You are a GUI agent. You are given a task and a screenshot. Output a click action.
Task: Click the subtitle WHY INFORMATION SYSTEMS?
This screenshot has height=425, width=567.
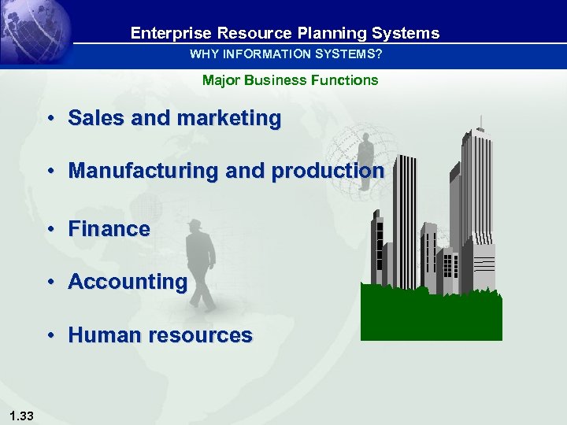(x=286, y=54)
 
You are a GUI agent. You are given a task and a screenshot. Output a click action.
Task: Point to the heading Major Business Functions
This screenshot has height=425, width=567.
(x=290, y=79)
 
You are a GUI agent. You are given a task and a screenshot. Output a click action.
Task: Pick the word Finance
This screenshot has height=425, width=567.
(x=109, y=229)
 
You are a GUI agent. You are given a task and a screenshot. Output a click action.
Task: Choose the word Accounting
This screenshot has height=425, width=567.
(x=128, y=282)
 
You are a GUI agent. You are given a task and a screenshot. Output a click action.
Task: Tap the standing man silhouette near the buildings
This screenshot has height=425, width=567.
(x=365, y=161)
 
